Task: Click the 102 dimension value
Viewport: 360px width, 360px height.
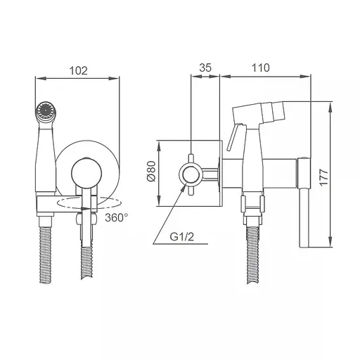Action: tap(79, 70)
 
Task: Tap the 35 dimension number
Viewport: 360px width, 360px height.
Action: tap(205, 67)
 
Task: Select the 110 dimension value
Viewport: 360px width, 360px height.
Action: tap(261, 67)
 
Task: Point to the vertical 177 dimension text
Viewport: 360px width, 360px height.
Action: tap(324, 177)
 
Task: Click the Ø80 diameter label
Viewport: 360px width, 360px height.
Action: tap(152, 171)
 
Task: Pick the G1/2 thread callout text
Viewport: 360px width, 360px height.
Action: tap(182, 237)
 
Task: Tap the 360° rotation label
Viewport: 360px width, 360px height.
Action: tap(116, 217)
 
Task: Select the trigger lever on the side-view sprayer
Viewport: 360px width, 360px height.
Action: tap(233, 137)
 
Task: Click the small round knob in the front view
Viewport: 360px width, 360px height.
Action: tap(86, 174)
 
